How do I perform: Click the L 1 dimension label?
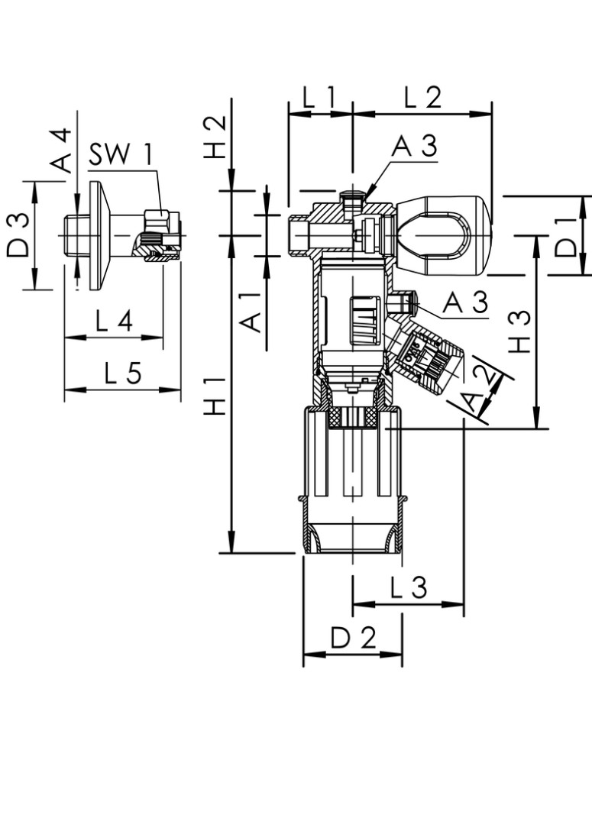[319, 98]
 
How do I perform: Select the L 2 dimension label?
[422, 98]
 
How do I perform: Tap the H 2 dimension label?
[217, 135]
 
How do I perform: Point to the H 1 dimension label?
[217, 396]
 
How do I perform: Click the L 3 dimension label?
[409, 588]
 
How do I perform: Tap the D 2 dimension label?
[353, 638]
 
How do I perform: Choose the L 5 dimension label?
[122, 373]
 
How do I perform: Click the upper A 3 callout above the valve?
[414, 147]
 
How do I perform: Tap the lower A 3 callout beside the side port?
[464, 303]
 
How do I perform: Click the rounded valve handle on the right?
[442, 234]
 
